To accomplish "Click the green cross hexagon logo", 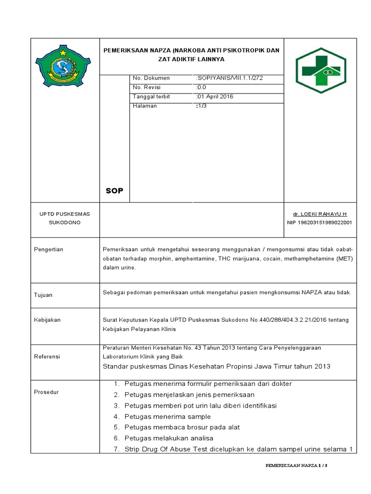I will (320, 70).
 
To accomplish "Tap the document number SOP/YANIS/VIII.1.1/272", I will (229, 78).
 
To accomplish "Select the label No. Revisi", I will (146, 87).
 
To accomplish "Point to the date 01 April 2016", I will (215, 96).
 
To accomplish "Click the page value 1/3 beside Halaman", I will (201, 106).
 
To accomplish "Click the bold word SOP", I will (114, 191).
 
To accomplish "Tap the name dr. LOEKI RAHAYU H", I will (320, 214).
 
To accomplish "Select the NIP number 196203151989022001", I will (319, 222).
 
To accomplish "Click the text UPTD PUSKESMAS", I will (65, 214).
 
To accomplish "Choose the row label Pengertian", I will (48, 249).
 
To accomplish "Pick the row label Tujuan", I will (43, 295).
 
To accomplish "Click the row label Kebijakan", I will (47, 320).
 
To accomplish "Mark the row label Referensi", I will (47, 357).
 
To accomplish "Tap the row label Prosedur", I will (46, 392).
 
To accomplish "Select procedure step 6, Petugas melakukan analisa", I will (169, 438).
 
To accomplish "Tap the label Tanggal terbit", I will (151, 96).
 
